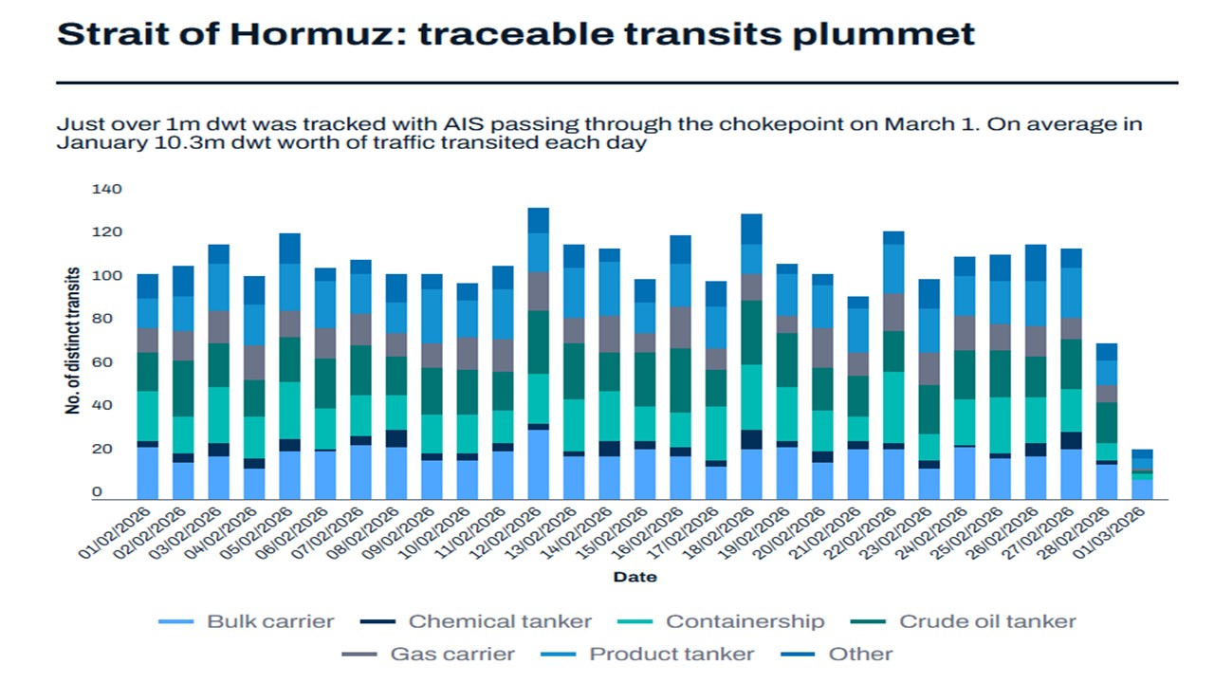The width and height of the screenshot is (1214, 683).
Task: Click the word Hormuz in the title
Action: point(318,34)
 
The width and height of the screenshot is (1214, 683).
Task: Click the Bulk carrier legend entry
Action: point(270,622)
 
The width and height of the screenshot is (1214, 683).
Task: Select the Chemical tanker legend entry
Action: point(499,622)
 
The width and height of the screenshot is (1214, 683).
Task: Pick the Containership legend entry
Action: point(745,622)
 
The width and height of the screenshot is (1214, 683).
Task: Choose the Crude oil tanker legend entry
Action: point(986,622)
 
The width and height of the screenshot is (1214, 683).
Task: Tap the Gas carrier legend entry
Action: point(451,654)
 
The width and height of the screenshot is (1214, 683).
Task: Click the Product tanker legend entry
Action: point(671,654)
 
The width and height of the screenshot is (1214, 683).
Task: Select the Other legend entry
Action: point(860,654)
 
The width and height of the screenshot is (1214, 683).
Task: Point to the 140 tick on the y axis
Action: point(107,190)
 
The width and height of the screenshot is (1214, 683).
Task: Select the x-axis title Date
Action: point(635,577)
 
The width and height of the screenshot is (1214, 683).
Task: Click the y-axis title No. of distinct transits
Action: point(72,341)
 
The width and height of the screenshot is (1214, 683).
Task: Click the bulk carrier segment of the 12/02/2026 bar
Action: point(539,465)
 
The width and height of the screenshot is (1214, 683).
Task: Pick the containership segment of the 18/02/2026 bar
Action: point(751,397)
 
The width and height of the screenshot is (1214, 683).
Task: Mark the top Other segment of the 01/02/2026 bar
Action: point(148,286)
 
